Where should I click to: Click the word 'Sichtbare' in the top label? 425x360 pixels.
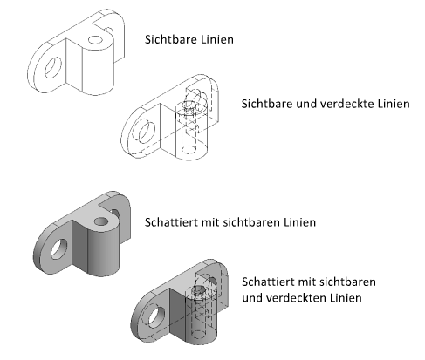click(x=169, y=39)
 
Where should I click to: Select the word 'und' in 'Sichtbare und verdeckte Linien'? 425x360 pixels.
click(x=305, y=104)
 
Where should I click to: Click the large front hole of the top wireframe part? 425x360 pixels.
click(x=53, y=68)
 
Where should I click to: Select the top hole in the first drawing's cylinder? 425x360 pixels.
click(x=96, y=40)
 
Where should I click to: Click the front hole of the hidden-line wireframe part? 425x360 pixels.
click(x=147, y=132)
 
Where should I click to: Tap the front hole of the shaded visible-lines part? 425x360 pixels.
click(x=59, y=249)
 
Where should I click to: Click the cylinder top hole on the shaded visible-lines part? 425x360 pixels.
click(x=101, y=221)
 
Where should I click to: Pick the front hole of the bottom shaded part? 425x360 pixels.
click(x=156, y=316)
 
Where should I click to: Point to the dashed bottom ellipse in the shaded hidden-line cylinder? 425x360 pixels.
click(x=199, y=335)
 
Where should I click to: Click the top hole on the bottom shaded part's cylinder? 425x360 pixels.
click(x=199, y=289)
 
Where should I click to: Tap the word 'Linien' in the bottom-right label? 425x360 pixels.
click(x=346, y=298)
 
